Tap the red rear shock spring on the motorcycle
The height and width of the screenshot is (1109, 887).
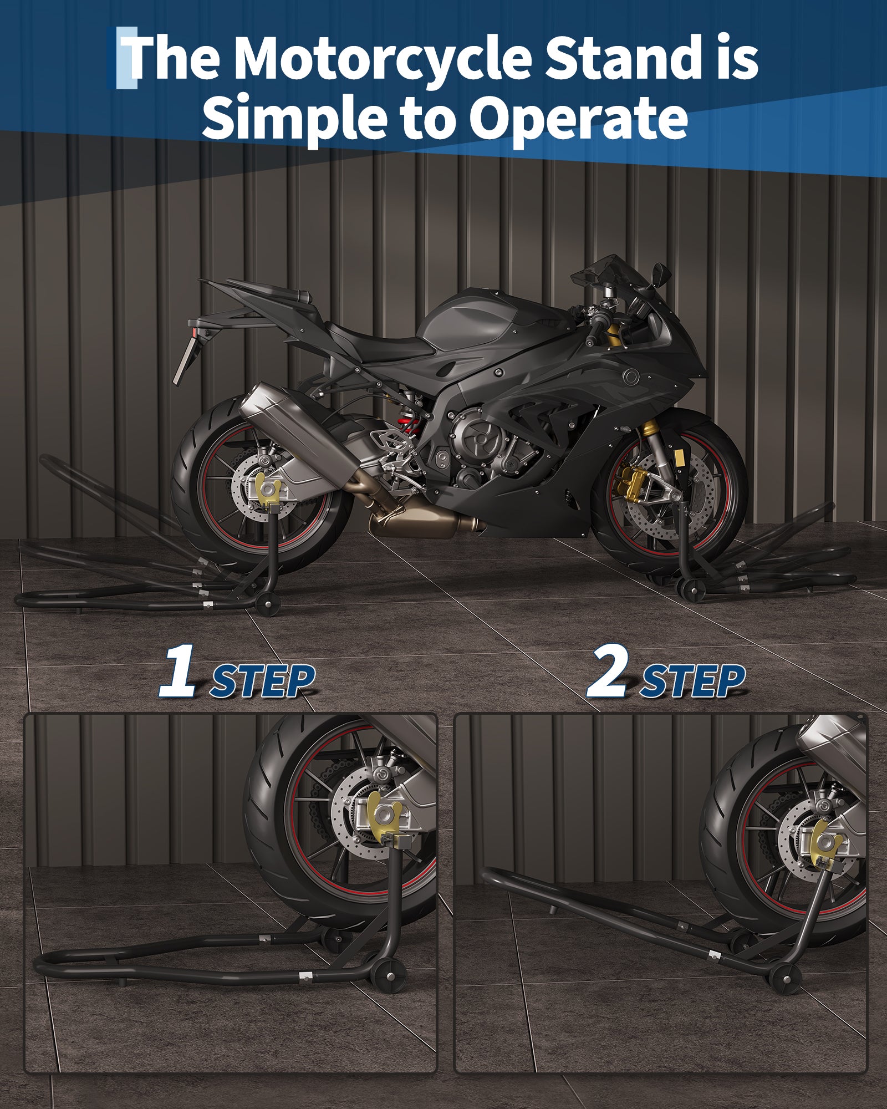411,424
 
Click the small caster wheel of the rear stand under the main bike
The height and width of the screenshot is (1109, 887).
268,603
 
